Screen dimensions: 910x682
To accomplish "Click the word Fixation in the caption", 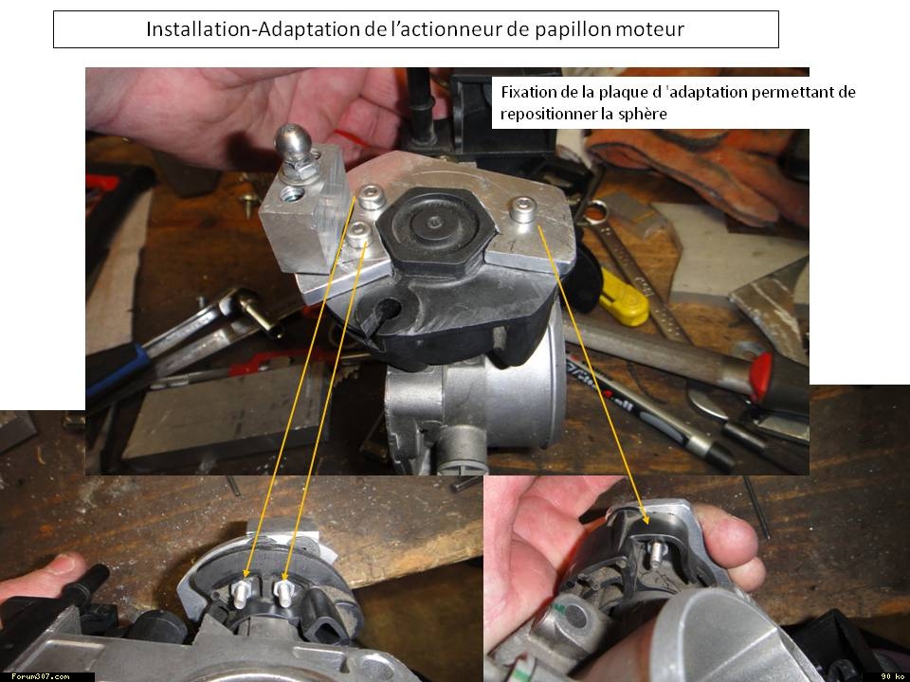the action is (527, 92).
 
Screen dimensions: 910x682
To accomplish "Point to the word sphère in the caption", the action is (643, 114).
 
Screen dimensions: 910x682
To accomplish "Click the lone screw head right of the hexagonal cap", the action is (523, 210).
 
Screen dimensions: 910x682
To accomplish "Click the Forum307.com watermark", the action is (41, 676).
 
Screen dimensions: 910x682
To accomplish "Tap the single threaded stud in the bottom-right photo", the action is (656, 554).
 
